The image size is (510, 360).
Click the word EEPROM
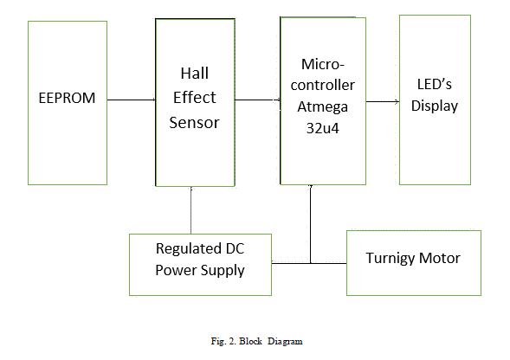point(67,98)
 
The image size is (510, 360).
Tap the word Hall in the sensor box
point(195,74)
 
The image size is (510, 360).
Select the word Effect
point(195,98)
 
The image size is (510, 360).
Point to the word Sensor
point(195,123)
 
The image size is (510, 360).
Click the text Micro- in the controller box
point(323,64)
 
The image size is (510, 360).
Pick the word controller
point(323,85)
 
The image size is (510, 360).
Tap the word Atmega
point(323,107)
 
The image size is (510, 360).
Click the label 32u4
point(323,128)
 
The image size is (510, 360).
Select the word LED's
point(435,85)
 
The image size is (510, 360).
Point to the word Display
point(435,106)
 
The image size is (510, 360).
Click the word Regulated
point(186,249)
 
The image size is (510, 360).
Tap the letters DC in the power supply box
point(235,248)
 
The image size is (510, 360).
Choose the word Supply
point(223,271)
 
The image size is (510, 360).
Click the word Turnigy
point(390,259)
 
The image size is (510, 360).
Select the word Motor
point(440,258)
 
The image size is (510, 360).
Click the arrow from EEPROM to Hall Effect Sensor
point(132,100)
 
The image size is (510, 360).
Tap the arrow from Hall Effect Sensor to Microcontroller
point(258,100)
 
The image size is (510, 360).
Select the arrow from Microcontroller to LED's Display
point(383,102)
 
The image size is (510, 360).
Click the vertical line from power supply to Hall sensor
point(190,210)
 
